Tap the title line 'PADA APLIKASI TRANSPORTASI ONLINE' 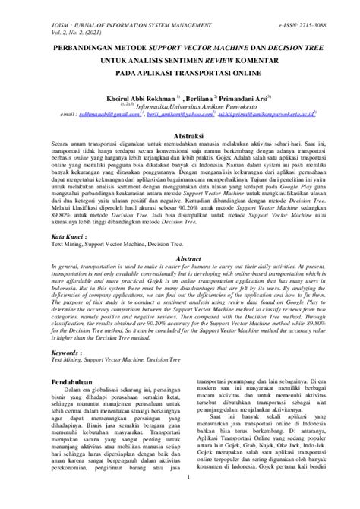[180, 74]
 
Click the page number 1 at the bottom [180, 498]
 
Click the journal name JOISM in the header [19, 6]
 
